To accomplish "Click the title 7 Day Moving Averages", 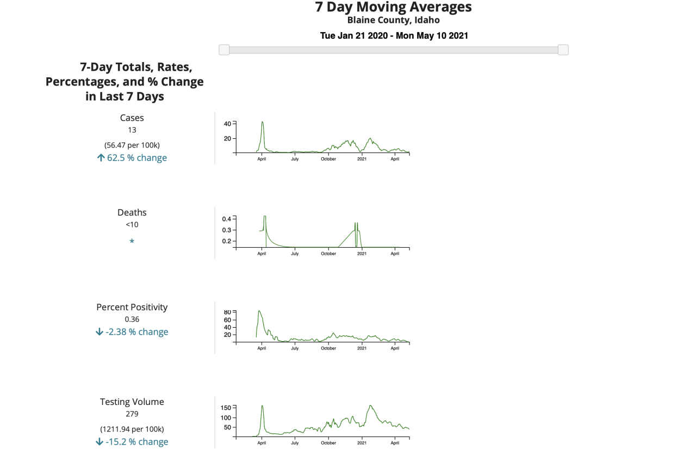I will (393, 8).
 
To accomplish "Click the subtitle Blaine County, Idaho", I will (393, 21).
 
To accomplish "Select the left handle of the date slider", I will (224, 50).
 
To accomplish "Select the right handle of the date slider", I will (563, 50).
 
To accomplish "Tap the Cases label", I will (132, 118).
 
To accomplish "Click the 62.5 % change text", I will (136, 158).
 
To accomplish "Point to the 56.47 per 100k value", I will (132, 145).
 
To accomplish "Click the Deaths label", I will (132, 212).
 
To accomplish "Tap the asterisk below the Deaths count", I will (132, 242).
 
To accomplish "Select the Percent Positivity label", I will (132, 307).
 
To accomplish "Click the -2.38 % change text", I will (136, 332).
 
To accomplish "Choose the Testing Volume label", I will (132, 402).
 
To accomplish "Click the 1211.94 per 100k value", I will (132, 429).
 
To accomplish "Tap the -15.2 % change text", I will (136, 442).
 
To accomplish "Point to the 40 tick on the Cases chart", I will (227, 124).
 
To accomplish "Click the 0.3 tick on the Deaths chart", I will (226, 230).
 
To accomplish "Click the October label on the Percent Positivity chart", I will (328, 348).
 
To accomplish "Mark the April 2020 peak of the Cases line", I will (263, 122).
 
